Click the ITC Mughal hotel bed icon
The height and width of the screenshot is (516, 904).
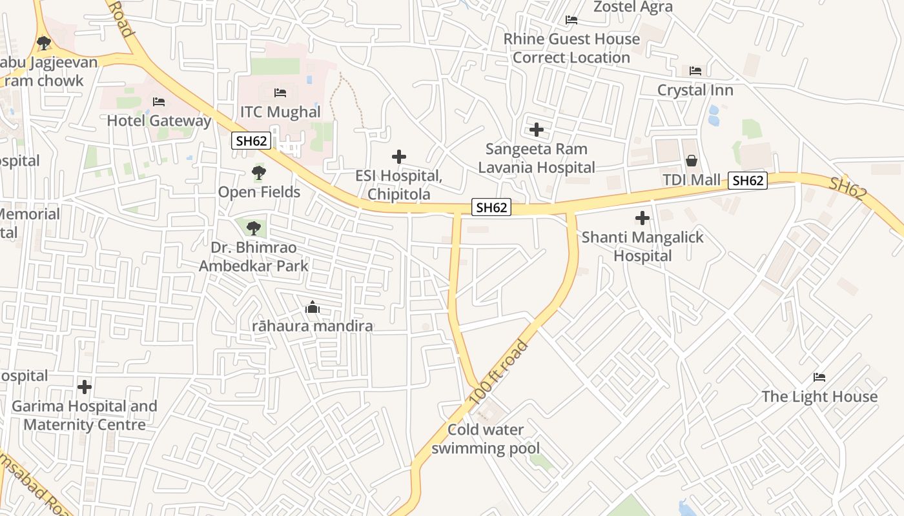280,93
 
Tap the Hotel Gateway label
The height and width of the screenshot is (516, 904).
159,121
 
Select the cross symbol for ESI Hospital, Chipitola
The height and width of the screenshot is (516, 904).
399,157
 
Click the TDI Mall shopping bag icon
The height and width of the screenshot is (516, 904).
692,161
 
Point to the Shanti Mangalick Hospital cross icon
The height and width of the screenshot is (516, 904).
642,218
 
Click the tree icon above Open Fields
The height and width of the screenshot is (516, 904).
259,173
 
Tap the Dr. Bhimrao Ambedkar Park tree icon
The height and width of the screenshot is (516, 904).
254,228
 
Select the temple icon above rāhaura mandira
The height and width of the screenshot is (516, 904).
313,307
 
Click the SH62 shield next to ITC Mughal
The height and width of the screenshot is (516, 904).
251,140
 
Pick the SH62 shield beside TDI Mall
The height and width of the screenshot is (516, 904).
748,181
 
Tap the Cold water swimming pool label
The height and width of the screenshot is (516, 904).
486,439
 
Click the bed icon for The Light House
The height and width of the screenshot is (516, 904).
819,377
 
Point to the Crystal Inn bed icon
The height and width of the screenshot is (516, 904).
695,71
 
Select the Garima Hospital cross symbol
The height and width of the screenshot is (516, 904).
85,387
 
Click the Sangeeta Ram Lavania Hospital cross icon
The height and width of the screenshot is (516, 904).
536,130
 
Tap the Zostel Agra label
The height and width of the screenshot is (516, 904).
633,7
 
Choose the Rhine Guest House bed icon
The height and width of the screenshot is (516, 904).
571,20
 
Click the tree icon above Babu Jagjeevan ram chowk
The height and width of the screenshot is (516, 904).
44,43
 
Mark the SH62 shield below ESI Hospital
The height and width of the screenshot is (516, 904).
491,207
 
